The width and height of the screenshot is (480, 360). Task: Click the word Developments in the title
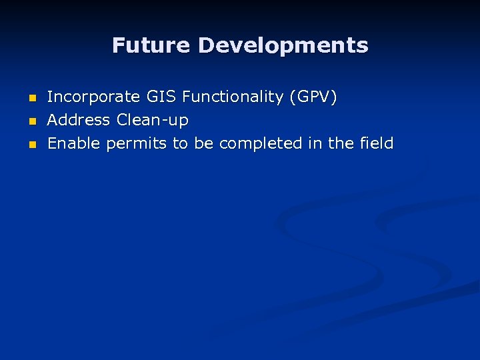point(283,45)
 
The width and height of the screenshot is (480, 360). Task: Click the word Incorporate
point(93,97)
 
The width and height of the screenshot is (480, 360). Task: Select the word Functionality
point(233,97)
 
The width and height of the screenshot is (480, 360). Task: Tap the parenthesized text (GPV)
point(313,97)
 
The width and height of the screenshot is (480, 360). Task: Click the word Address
point(79,121)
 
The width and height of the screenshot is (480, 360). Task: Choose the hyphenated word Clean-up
point(153,121)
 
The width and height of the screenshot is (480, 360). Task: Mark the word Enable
point(75,143)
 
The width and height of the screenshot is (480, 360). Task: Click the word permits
point(137,143)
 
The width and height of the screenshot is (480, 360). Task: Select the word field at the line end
point(376,143)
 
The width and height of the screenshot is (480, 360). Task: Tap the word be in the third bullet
point(203,143)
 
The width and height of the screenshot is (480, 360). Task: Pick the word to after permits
point(180,143)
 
